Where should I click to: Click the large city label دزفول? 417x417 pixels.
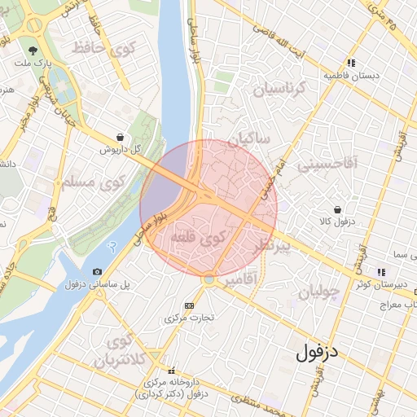click(x=317, y=353)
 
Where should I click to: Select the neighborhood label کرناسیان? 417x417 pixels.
click(x=281, y=89)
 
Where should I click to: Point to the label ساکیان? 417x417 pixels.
click(x=248, y=140)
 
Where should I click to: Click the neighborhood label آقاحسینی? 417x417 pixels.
click(x=327, y=164)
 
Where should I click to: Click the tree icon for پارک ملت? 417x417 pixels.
click(x=34, y=47)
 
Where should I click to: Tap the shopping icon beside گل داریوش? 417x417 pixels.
click(x=121, y=137)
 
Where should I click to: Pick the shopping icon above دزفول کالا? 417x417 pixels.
click(x=337, y=209)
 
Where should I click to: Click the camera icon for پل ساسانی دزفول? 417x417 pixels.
click(x=98, y=271)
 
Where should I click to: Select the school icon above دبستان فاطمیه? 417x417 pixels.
click(x=351, y=63)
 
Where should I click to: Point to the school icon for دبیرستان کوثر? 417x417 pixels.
click(x=380, y=272)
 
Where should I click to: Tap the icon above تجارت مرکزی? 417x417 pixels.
click(x=190, y=305)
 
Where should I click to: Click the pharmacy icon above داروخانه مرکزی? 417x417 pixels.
click(x=171, y=370)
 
